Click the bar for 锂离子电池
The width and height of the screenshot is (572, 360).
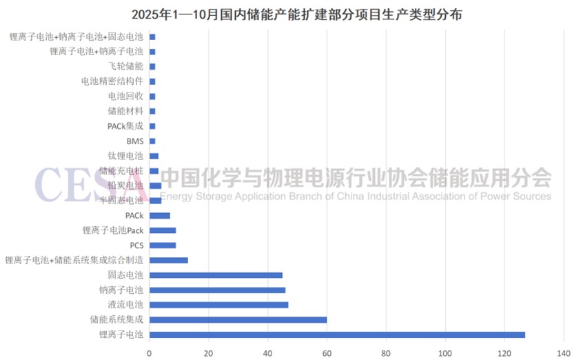[337, 334]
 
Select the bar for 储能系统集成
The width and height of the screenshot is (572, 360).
[238, 319]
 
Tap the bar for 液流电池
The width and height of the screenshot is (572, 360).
[218, 305]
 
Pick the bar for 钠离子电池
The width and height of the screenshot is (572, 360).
[217, 290]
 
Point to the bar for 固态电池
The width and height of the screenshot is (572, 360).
[216, 275]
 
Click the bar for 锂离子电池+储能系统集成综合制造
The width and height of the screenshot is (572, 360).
[168, 260]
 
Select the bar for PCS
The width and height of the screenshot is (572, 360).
[163, 245]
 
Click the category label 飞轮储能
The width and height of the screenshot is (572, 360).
[126, 66]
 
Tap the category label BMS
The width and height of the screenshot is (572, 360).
[135, 141]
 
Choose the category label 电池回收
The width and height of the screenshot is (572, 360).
[126, 96]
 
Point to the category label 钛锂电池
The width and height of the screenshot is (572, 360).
[126, 156]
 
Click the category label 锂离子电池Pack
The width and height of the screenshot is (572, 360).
[113, 230]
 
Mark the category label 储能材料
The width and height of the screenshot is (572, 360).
[126, 111]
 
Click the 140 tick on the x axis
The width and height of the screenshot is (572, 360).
[564, 350]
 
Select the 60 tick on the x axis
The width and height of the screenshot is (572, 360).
[327, 350]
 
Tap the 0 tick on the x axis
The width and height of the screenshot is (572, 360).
[149, 350]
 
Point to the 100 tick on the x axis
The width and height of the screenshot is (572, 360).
[445, 350]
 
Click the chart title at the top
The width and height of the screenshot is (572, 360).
[286, 13]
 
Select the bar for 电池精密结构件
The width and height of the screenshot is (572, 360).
[152, 81]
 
